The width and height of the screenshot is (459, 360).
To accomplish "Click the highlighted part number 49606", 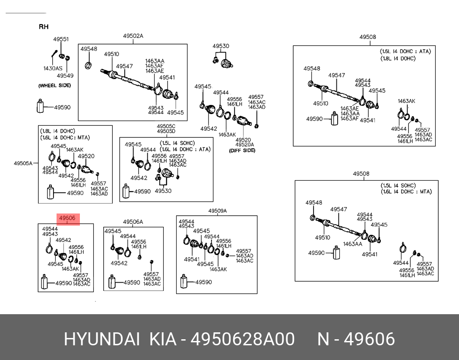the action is [67, 218].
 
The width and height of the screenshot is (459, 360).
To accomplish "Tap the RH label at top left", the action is [44, 27].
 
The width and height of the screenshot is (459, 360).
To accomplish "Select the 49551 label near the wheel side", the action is [60, 39].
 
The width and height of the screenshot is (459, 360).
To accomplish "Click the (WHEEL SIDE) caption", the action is [54, 86].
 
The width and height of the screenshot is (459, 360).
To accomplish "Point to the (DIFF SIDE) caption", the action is [242, 150].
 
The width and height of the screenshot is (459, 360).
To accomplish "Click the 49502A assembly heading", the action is [133, 36].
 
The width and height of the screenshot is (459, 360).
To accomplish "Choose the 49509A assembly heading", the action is [218, 211].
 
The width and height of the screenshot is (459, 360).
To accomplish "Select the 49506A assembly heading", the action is [133, 222].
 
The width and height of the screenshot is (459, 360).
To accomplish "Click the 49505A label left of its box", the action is [23, 163].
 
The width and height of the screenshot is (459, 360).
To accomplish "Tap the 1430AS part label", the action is [53, 69].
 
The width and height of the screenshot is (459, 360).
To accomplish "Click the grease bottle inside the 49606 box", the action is [44, 282].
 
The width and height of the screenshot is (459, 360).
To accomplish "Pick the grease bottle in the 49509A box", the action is [184, 281].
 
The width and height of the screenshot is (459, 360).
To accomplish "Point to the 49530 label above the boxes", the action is [221, 46].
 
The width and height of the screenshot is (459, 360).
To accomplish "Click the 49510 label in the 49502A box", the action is [111, 54].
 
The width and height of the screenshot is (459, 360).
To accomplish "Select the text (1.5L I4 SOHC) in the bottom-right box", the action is [398, 186].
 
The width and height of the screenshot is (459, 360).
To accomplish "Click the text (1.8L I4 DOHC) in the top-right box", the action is [398, 59].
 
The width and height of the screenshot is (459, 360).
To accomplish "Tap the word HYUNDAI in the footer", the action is [101, 339].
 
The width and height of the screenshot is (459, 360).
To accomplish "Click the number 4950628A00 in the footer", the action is [243, 339].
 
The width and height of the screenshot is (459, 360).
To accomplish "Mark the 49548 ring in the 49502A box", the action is [88, 66].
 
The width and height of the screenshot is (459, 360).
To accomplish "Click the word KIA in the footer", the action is [163, 339].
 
